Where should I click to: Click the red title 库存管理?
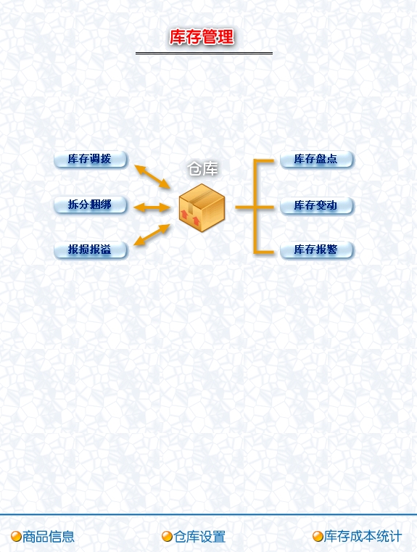(x=202, y=37)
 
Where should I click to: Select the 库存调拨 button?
(x=90, y=159)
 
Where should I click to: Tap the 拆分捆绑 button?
(x=90, y=205)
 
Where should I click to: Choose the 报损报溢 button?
(x=90, y=250)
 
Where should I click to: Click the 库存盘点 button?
(x=316, y=159)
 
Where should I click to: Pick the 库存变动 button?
(x=316, y=205)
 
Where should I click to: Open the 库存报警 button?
(x=316, y=250)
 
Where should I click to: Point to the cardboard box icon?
(x=202, y=207)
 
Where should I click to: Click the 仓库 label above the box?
(x=202, y=169)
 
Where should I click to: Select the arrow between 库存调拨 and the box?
(x=152, y=176)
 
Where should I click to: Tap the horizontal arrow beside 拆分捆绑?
(x=152, y=207)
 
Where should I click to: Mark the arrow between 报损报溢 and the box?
(x=152, y=235)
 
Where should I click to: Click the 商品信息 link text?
(x=49, y=537)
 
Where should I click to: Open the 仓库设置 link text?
(x=199, y=537)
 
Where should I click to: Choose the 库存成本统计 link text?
(x=363, y=536)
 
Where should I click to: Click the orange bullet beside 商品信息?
(x=16, y=537)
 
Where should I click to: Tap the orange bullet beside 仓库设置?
(x=167, y=537)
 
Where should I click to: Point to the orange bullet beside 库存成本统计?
(x=318, y=537)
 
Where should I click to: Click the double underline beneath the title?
(x=204, y=53)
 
